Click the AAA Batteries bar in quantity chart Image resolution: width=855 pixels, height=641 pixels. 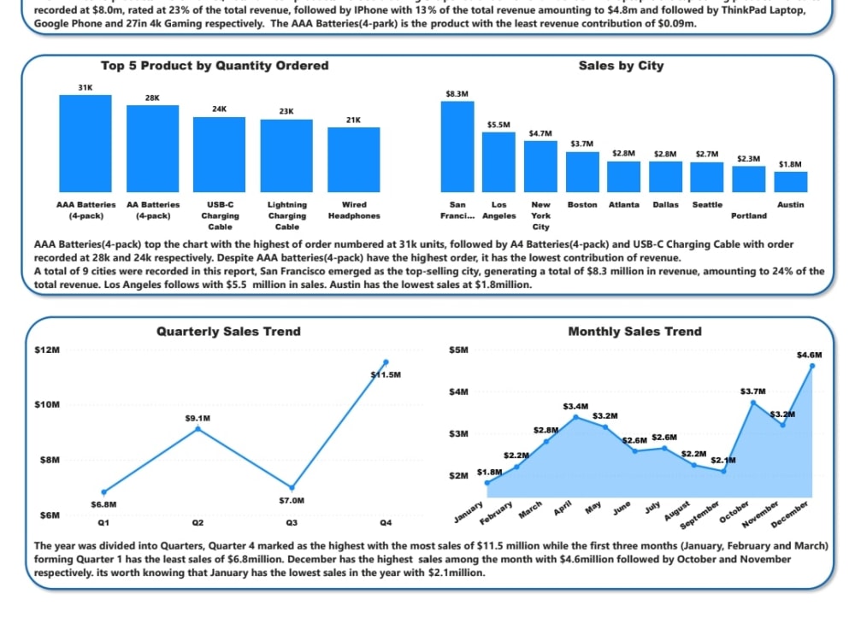[x=85, y=143]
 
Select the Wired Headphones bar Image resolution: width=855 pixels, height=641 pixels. [x=353, y=159]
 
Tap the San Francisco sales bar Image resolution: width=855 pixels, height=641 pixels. [x=457, y=146]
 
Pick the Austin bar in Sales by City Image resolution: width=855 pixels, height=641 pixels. [x=791, y=181]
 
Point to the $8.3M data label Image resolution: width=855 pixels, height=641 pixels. [x=457, y=93]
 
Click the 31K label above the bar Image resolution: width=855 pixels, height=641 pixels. [x=85, y=87]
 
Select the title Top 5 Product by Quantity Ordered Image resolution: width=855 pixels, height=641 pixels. [x=215, y=66]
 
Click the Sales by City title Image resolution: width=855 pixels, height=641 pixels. [x=621, y=66]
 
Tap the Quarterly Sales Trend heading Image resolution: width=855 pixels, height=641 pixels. [x=228, y=332]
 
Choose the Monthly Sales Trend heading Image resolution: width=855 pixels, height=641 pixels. [x=634, y=332]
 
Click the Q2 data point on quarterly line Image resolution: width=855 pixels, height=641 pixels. [x=198, y=428]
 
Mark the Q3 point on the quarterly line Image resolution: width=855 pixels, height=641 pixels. [x=292, y=487]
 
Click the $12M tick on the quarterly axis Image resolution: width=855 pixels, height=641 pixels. [x=45, y=350]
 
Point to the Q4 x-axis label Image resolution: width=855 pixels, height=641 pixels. [x=386, y=522]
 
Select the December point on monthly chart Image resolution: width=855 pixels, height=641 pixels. [x=811, y=366]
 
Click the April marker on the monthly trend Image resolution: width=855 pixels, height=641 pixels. [x=575, y=417]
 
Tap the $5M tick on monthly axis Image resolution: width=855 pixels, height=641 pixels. [x=458, y=350]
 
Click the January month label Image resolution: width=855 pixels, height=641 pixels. [x=469, y=512]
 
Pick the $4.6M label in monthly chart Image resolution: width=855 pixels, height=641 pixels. [x=809, y=355]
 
